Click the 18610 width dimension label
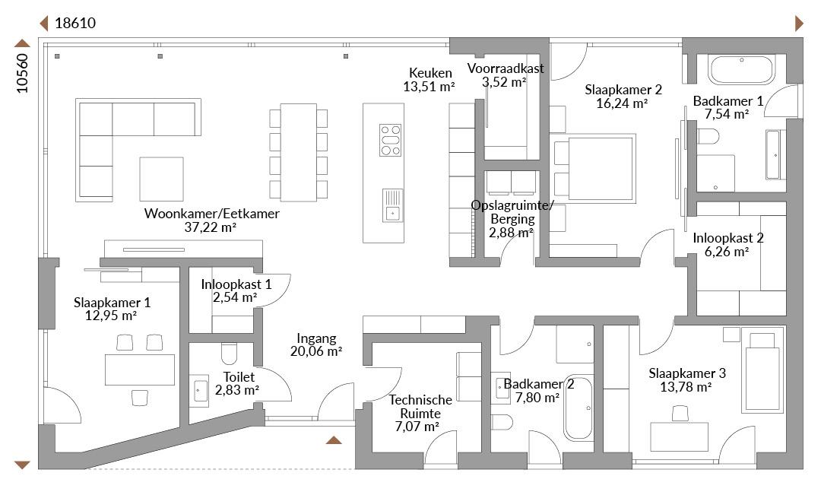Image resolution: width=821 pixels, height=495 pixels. [x=75, y=23]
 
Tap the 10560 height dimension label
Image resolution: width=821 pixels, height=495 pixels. [x=22, y=73]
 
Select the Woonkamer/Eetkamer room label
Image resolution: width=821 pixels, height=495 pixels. [x=211, y=213]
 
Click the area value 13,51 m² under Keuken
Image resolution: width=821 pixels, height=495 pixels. [x=429, y=87]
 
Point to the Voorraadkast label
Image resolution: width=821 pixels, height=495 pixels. [x=506, y=68]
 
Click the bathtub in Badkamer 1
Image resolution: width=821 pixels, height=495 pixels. [x=741, y=69]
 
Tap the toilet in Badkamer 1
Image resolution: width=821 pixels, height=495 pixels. [x=708, y=136]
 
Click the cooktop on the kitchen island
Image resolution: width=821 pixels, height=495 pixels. [x=390, y=140]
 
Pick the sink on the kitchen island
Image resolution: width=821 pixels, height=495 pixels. [x=392, y=205]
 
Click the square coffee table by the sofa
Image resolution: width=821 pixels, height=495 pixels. [x=161, y=179]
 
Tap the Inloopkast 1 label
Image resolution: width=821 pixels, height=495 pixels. [x=236, y=284]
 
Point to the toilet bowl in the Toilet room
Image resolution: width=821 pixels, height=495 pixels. [x=230, y=354]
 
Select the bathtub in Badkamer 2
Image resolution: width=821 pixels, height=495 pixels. [x=578, y=408]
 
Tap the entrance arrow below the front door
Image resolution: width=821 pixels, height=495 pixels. [x=334, y=440]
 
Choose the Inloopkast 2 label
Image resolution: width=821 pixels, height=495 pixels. [x=727, y=238]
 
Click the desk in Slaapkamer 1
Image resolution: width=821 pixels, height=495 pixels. [x=140, y=370]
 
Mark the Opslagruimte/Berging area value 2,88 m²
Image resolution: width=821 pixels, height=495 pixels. [x=511, y=233]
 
